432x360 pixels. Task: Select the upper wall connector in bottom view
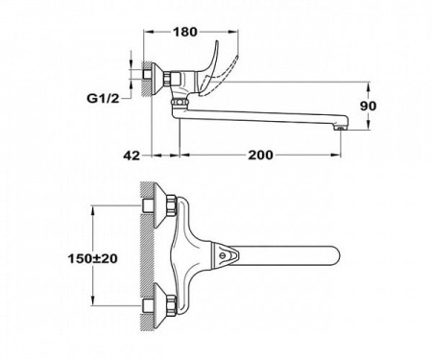point(160,207)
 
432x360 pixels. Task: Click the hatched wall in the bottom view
point(146,259)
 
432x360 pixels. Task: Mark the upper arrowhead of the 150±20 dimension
point(92,207)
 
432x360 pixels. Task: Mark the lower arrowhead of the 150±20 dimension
point(92,306)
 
